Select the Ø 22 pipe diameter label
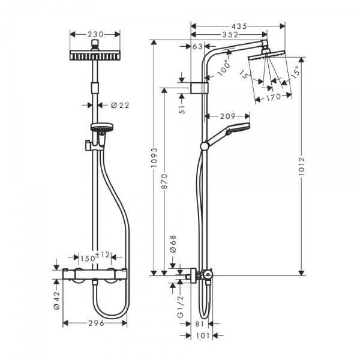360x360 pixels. pos(120,105)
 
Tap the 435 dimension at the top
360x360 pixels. pos(240,26)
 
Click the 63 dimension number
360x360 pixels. pos(197,47)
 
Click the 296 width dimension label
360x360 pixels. pos(95,323)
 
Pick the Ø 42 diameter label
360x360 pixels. pos(56,298)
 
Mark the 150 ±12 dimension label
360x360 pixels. pos(94,256)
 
